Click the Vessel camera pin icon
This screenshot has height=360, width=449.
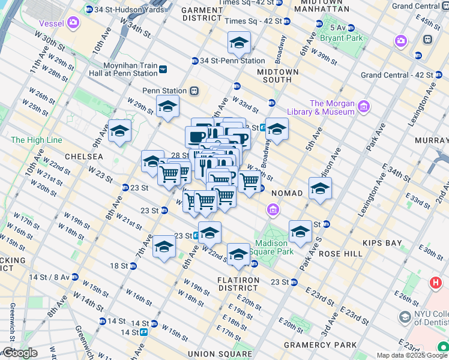73,23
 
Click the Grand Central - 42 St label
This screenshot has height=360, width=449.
396,75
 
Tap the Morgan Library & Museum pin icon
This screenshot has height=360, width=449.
363,107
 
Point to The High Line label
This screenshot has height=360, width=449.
36,140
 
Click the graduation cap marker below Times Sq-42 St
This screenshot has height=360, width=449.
238,43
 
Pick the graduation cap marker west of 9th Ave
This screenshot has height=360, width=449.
119,131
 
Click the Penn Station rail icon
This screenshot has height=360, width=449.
194,91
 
